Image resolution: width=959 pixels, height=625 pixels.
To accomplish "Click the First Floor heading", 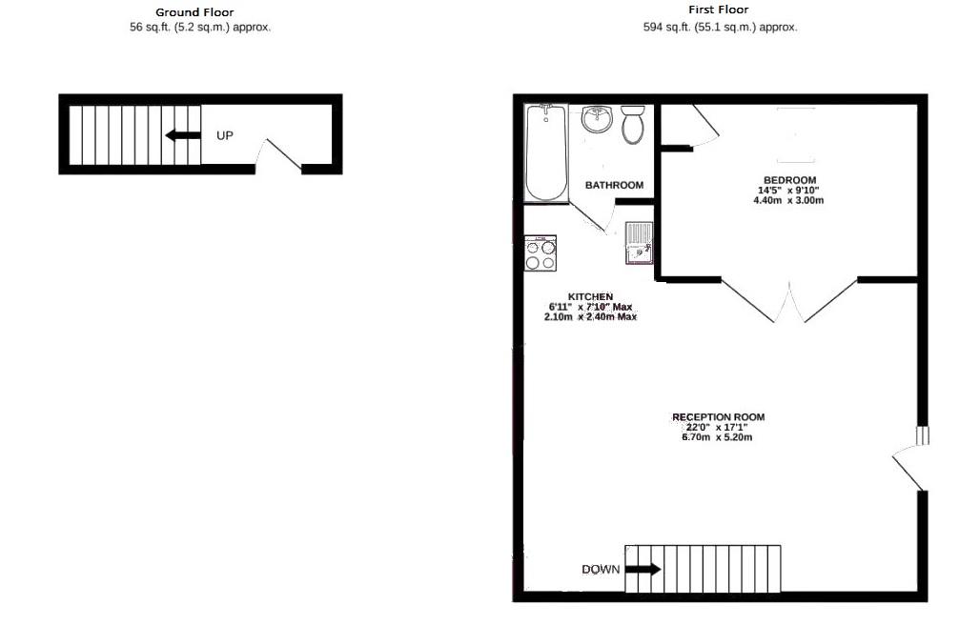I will pyautogui.click(x=719, y=10).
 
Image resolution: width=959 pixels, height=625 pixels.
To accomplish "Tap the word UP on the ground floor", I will pyautogui.click(x=225, y=135).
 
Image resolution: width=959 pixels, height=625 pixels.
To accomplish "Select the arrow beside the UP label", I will pyautogui.click(x=182, y=135).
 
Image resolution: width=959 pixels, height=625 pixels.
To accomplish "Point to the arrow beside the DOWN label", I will pyautogui.click(x=643, y=570).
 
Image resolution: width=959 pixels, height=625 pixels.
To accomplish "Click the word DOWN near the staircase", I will pyautogui.click(x=601, y=570).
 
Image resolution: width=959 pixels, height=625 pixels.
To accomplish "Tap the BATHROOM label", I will pyautogui.click(x=614, y=185).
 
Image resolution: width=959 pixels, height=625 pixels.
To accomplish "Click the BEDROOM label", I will pyautogui.click(x=789, y=180).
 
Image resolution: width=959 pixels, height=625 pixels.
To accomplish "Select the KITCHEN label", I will pyautogui.click(x=590, y=296).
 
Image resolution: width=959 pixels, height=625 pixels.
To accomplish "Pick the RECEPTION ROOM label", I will pyautogui.click(x=718, y=417).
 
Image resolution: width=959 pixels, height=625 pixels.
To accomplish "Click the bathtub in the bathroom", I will pyautogui.click(x=546, y=152).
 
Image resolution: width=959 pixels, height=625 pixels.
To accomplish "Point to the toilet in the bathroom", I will pyautogui.click(x=634, y=124).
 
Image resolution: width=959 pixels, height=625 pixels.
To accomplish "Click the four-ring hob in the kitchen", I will pyautogui.click(x=541, y=254).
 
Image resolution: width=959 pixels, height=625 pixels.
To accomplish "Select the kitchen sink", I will pyautogui.click(x=638, y=242).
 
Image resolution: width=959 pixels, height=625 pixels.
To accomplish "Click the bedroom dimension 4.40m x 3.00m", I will pyautogui.click(x=787, y=201).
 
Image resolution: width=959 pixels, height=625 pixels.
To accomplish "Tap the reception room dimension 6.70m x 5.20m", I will pyautogui.click(x=717, y=438).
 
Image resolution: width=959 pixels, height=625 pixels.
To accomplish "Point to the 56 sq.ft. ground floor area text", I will pyautogui.click(x=200, y=28).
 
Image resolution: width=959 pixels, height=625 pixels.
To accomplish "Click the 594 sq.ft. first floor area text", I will pyautogui.click(x=720, y=28).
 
